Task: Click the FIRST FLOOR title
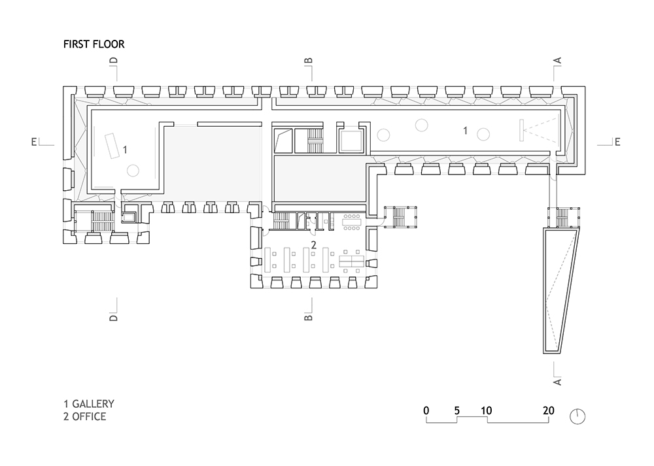94,44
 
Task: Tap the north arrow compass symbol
577,416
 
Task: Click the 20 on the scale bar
549,410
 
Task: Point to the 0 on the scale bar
426,410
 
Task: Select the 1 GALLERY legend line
89,404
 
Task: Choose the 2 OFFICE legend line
84,416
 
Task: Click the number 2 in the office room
314,245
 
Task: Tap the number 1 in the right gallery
466,131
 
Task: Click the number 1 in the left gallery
125,149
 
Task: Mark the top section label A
557,60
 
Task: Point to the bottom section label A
557,382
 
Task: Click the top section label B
308,61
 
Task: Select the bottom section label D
113,318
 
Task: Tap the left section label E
34,142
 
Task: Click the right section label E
617,142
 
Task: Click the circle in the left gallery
133,170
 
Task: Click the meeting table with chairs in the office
352,222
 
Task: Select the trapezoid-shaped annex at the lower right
561,291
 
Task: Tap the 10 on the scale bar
486,410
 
